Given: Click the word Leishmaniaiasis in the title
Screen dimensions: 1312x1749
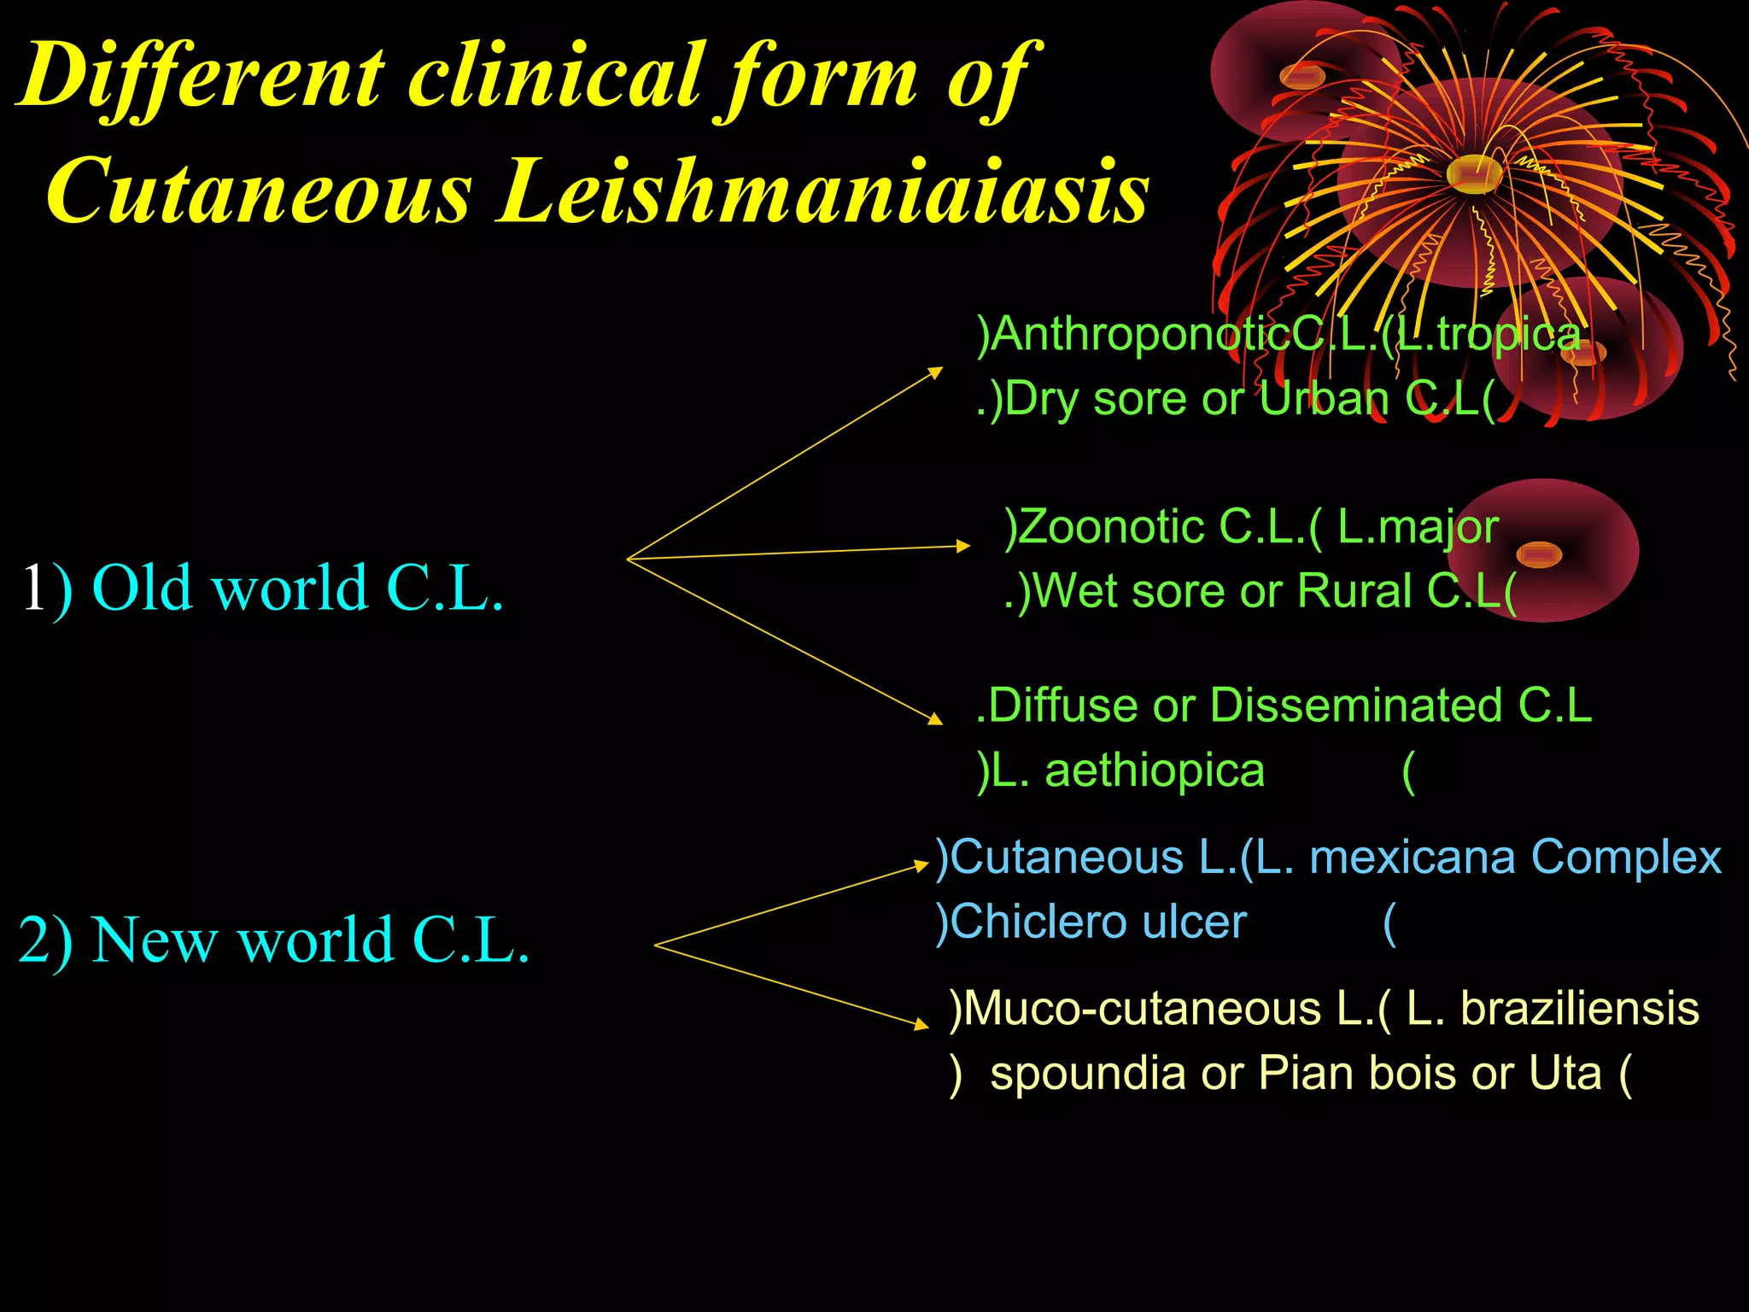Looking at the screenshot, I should tap(824, 192).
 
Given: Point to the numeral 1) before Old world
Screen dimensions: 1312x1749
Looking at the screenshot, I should tap(46, 589).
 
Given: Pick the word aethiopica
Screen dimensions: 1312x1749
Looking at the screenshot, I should tap(1155, 770).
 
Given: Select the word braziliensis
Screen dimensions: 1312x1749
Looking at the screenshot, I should tap(1579, 1008).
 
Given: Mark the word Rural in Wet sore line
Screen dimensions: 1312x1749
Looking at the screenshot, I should tap(1354, 591).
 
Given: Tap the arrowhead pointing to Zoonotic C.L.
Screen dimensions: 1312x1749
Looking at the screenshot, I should tap(963, 545).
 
